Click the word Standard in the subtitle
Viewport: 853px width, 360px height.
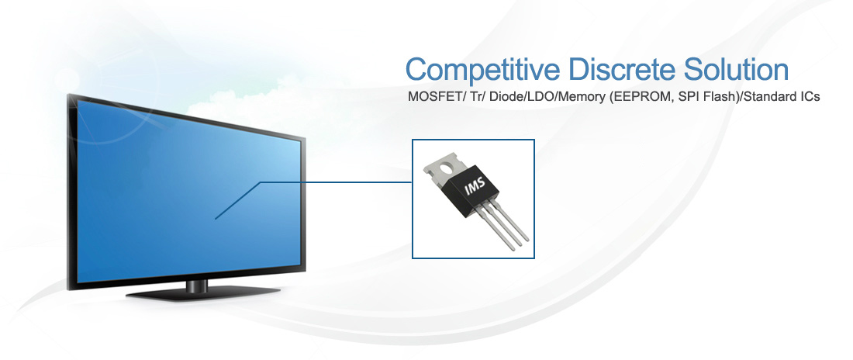[768, 98]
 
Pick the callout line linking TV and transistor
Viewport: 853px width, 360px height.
[313, 182]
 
